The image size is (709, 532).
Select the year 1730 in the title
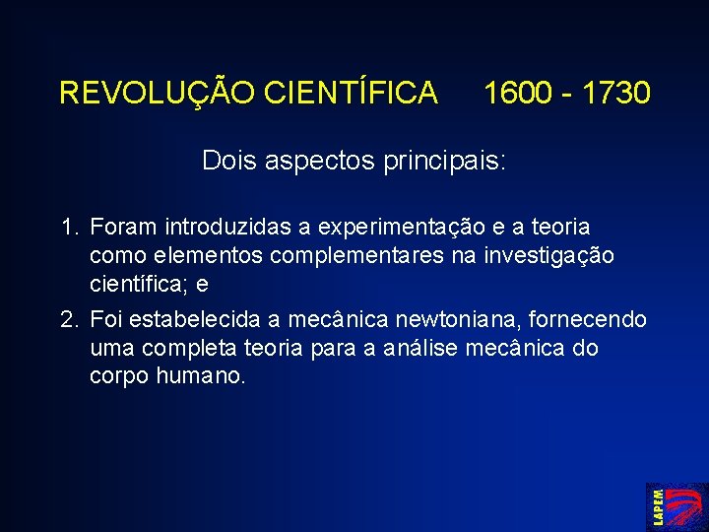[615, 94]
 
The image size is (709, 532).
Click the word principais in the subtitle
[454, 161]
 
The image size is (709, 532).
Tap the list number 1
[67, 229]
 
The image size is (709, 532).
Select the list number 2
[67, 320]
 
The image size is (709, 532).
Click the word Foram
[125, 229]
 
